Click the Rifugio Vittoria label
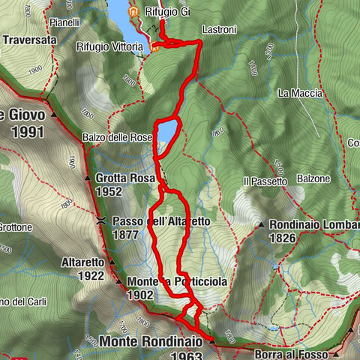(x=109, y=46)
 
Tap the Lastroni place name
(x=219, y=30)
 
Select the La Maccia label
(x=299, y=94)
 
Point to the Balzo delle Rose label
(x=116, y=137)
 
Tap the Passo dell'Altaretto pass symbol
(x=100, y=222)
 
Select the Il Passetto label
(x=265, y=181)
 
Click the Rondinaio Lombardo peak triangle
(x=260, y=224)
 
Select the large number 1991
(x=23, y=133)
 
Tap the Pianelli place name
(x=66, y=23)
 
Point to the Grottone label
(x=16, y=226)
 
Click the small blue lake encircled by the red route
(x=167, y=131)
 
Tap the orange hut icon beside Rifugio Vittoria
(x=155, y=48)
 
